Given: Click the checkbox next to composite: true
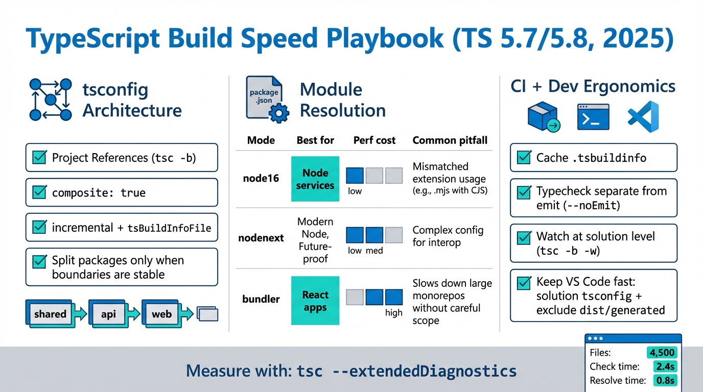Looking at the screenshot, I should coord(39,192).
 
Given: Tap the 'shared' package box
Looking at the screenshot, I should coord(50,314).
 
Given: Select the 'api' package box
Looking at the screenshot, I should coord(108,314).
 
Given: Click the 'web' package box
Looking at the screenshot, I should coord(161,314).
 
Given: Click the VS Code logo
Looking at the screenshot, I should coord(643,116).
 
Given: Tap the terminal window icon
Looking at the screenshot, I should coord(593,117).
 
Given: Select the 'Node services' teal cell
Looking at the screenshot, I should coord(315,179).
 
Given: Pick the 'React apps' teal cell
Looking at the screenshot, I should coord(315,301).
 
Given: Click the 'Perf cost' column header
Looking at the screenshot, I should coord(374,140).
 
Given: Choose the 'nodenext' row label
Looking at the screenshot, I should coord(261,238).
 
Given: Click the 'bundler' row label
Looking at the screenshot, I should coord(261,299).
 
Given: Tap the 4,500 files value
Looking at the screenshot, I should coord(662,353).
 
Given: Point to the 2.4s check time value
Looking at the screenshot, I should coord(665,366).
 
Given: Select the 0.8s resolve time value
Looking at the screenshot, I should coord(665,380).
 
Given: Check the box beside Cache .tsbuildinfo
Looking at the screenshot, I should coord(524,157).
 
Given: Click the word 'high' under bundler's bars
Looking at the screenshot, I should coord(394,313).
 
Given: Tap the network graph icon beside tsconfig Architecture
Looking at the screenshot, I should coord(50,100).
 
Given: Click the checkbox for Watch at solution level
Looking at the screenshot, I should coord(524,237).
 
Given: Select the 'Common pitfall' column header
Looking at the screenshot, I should coord(450,140).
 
